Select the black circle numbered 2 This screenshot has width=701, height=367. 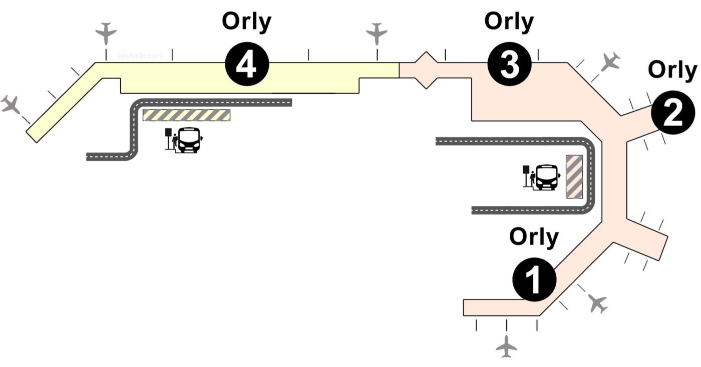(x=673, y=113)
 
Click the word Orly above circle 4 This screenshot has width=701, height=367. (x=247, y=21)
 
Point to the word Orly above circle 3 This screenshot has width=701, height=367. (x=509, y=21)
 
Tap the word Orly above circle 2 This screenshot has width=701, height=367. (x=672, y=70)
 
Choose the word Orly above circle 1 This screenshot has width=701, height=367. (x=534, y=237)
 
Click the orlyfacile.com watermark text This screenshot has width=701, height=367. (x=140, y=56)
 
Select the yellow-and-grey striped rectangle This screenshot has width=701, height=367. (x=187, y=115)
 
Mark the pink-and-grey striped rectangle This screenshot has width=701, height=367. (x=574, y=176)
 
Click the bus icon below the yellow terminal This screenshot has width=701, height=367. (x=189, y=140)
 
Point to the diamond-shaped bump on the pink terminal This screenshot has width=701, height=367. (x=426, y=70)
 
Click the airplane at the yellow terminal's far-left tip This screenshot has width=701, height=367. (x=10, y=105)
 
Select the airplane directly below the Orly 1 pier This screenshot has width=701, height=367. (x=507, y=346)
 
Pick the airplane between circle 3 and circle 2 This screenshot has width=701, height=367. (x=610, y=62)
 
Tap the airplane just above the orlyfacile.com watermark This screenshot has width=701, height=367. (x=106, y=33)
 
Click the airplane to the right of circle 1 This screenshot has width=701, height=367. (x=597, y=303)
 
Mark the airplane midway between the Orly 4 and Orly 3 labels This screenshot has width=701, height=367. (x=377, y=34)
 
